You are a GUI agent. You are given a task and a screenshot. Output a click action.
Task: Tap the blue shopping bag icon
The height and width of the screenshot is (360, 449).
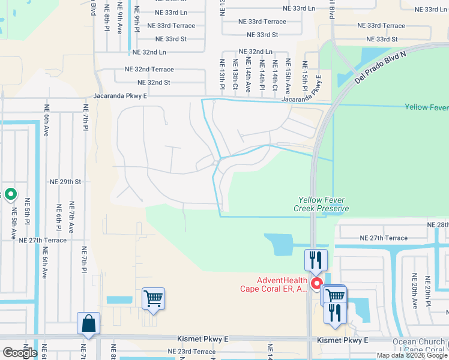(x=89, y=323)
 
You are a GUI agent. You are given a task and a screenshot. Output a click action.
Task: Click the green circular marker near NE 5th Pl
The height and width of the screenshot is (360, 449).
(x=11, y=194)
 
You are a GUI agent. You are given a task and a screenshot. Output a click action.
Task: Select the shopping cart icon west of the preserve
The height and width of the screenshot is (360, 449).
(x=154, y=298)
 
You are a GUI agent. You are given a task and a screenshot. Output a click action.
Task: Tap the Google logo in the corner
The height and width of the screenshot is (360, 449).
(x=19, y=353)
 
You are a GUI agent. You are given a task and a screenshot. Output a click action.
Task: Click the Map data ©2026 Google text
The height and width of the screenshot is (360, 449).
(x=412, y=355)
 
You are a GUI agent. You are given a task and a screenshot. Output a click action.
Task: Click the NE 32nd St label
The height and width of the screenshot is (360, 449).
(x=154, y=83)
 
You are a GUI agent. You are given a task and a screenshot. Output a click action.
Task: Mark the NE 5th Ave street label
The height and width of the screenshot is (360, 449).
(x=13, y=224)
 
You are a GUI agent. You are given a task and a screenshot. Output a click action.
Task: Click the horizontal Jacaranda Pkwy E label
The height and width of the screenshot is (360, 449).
(x=120, y=96)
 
